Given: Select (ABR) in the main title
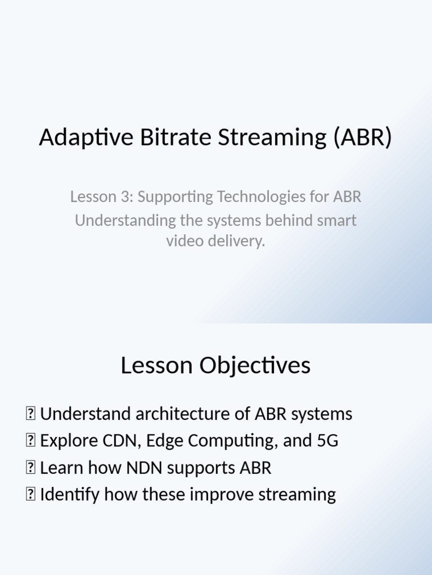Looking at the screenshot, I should click(362, 138).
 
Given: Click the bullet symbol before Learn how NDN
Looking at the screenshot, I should click(30, 468).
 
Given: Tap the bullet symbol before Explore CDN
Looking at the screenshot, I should click(30, 441).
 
